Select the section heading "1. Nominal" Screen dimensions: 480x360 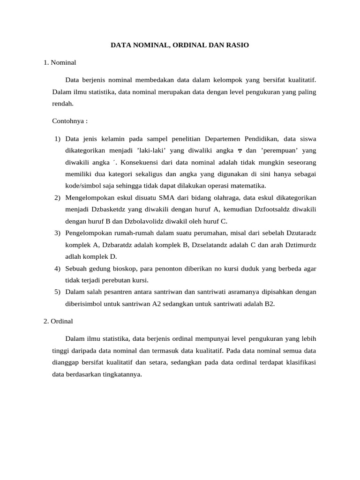coord(60,62)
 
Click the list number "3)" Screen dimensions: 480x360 coord(57,233)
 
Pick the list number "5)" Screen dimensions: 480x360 coord(57,292)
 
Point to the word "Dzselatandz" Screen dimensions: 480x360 coord(192,245)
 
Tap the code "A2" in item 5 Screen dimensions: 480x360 coord(157,304)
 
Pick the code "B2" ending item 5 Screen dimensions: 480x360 coord(269,304)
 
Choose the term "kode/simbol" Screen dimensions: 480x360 coord(83,186)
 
